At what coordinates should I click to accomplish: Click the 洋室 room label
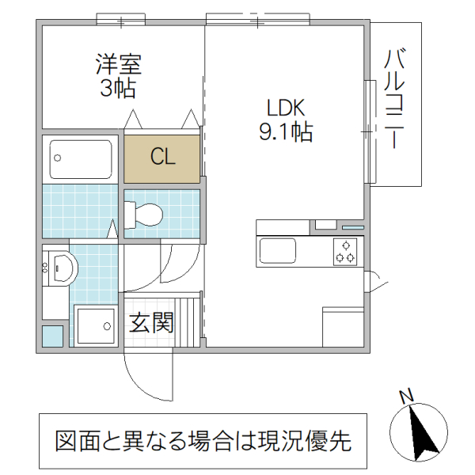(119, 63)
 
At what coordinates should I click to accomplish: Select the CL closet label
(163, 157)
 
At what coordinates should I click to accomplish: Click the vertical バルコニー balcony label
(396, 101)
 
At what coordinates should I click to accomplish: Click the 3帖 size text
(118, 88)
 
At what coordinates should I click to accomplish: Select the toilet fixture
(144, 213)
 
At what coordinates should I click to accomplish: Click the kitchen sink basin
(277, 251)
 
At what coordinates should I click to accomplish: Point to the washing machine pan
(96, 325)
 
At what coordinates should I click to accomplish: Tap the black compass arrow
(423, 434)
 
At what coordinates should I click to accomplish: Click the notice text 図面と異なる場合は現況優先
(203, 440)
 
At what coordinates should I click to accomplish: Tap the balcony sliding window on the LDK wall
(368, 131)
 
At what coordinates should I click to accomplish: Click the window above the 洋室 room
(121, 20)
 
